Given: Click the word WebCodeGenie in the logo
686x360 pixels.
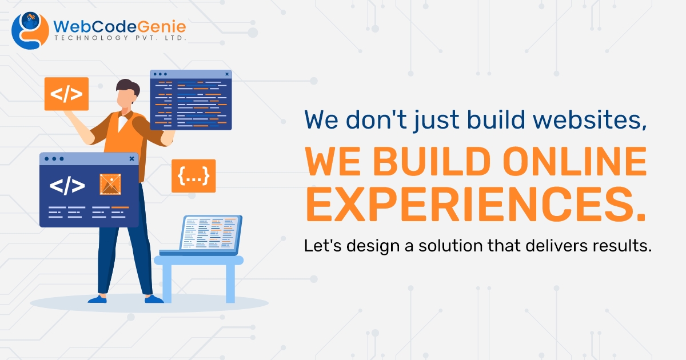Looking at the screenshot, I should coord(119,26).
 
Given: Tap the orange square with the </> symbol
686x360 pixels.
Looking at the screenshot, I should coord(66,94).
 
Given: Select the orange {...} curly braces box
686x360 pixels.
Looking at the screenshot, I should coord(193,176).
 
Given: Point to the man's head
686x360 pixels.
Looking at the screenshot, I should coord(127,94).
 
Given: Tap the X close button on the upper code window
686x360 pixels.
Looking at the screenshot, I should coord(227,74).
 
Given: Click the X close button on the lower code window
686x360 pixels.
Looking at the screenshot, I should coord(132,158).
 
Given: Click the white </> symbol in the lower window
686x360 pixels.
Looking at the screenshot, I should coord(67,185).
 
